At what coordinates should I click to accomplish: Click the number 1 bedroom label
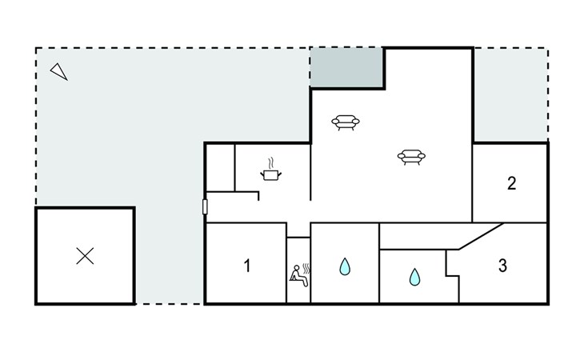coord(247,266)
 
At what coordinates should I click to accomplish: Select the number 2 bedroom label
coord(512,183)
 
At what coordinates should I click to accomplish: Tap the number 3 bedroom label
coord(503,266)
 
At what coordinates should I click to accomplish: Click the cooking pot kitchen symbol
coord(270,174)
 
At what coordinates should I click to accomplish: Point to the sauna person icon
coord(298,276)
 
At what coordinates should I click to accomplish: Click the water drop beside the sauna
coord(345,266)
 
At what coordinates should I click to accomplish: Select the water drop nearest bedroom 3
coord(414,277)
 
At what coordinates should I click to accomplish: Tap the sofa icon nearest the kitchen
coord(346,122)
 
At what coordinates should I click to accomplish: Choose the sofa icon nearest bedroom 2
coord(411,157)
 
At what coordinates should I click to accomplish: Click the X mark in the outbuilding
coord(85,256)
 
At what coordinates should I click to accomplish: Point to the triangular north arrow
coord(59,71)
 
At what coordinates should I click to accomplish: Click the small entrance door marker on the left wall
coord(205,206)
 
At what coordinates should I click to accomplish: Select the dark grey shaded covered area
coord(346,67)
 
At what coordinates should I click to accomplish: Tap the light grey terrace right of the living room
coord(510,94)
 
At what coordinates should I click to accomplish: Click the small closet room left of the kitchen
coord(221,167)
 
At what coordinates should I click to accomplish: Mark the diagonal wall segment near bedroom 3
coord(482,236)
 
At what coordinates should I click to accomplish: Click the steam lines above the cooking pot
coord(271,163)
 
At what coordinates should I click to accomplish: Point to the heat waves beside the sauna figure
coord(306,269)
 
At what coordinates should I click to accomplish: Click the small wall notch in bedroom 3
coord(453,276)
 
